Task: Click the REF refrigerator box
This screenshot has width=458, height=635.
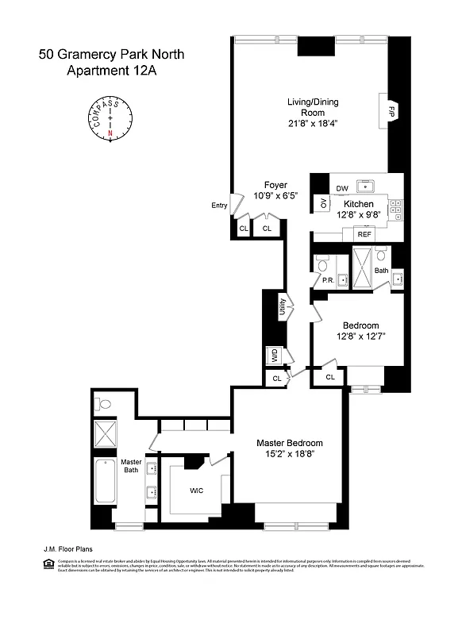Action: click(x=364, y=234)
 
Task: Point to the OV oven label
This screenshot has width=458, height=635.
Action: click(x=323, y=203)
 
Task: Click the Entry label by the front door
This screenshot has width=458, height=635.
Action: click(x=219, y=206)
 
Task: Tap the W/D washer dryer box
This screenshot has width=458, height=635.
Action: click(x=275, y=354)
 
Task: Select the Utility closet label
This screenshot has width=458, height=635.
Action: click(x=282, y=306)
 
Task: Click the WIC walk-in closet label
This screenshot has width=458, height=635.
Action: click(x=196, y=491)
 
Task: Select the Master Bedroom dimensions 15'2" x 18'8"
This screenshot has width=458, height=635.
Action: click(x=290, y=455)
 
